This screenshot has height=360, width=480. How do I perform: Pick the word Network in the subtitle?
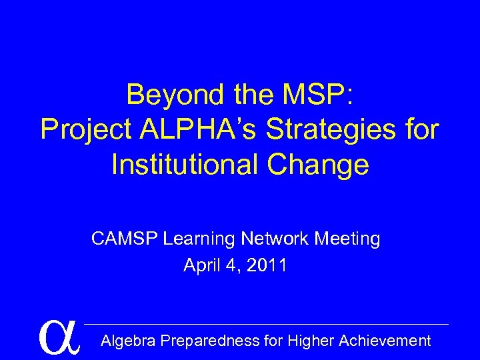(273, 239)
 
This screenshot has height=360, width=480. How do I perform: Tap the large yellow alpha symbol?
(59, 337)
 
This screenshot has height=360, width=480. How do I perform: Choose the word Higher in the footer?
(311, 341)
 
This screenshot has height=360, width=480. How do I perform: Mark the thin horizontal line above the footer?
(267, 325)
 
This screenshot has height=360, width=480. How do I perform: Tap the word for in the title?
(420, 129)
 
